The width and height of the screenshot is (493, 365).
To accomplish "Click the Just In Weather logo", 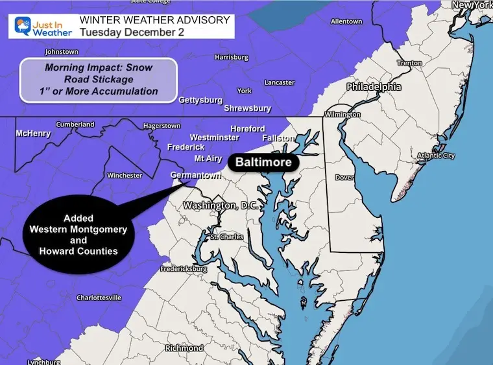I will coord(40,27).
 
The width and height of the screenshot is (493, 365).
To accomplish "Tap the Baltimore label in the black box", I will coord(263,162).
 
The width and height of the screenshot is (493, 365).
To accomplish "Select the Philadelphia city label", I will coord(373,87).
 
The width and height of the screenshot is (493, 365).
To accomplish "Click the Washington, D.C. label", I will coord(221,206).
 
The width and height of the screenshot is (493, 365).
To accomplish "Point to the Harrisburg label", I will coord(231,57).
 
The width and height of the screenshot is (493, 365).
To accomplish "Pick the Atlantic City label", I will coord(436,156).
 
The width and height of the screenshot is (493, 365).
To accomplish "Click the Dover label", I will coord(344,178).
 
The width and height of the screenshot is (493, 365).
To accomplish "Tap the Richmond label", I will coord(184,348).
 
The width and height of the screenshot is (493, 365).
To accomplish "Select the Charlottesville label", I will coord(99,298).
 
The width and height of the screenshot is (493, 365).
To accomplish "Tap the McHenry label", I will coord(33,134).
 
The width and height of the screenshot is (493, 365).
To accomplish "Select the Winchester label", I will coord(124,175).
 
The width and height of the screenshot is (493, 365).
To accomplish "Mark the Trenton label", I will coord(409,64).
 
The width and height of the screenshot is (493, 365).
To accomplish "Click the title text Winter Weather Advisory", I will coord(154,20).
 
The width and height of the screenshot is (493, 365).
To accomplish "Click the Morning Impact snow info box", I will coord(97,80).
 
